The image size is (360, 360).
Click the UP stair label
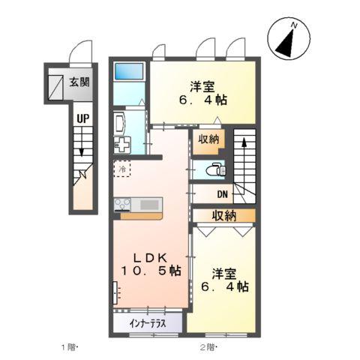[x=80, y=117]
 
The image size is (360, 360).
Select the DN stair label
[x=223, y=195]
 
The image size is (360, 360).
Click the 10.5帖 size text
[x=150, y=271]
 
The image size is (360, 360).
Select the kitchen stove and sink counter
[x=137, y=204]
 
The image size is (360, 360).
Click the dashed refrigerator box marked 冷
[x=122, y=169]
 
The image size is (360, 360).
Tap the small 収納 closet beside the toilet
[x=208, y=139]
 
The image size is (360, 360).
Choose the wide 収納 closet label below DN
[x=223, y=216]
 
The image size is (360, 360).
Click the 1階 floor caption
[x=70, y=346]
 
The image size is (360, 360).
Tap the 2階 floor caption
[x=208, y=346]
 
